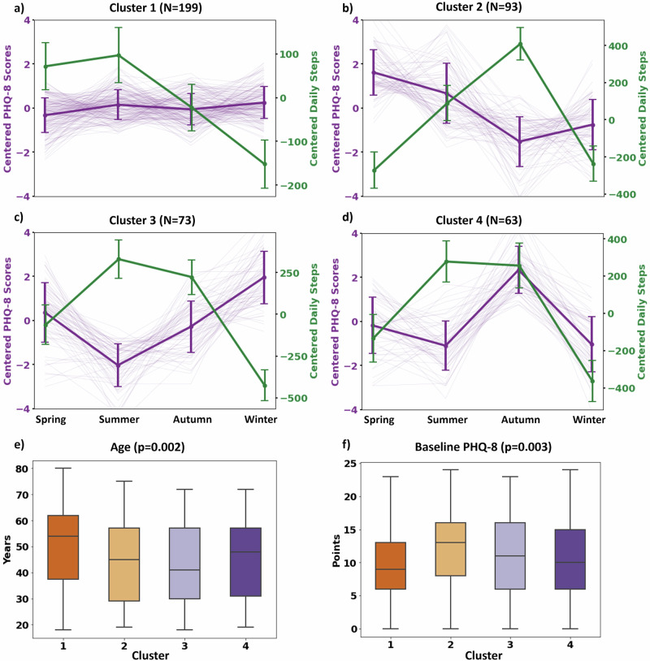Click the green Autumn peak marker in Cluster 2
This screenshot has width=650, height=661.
(x=520, y=44)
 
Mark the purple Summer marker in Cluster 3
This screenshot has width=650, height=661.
(x=119, y=365)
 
